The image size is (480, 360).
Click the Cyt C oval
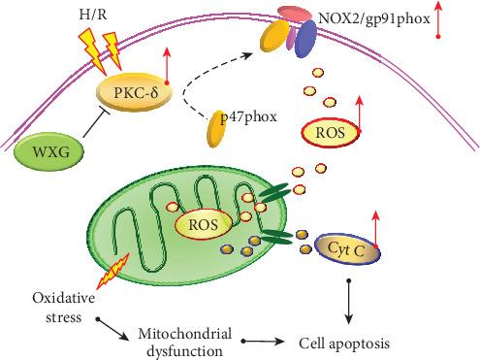pyautogui.click(x=345, y=247)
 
